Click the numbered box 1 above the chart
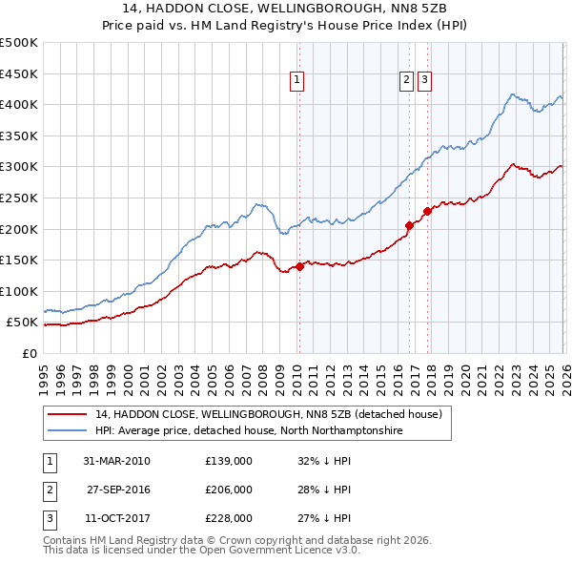coord(298,81)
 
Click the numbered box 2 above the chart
coord(406,81)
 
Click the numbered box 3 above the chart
coord(424,81)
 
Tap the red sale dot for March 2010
coord(299,266)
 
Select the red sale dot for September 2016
coord(409,225)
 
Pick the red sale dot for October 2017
coord(427,212)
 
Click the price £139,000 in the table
coord(229,461)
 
